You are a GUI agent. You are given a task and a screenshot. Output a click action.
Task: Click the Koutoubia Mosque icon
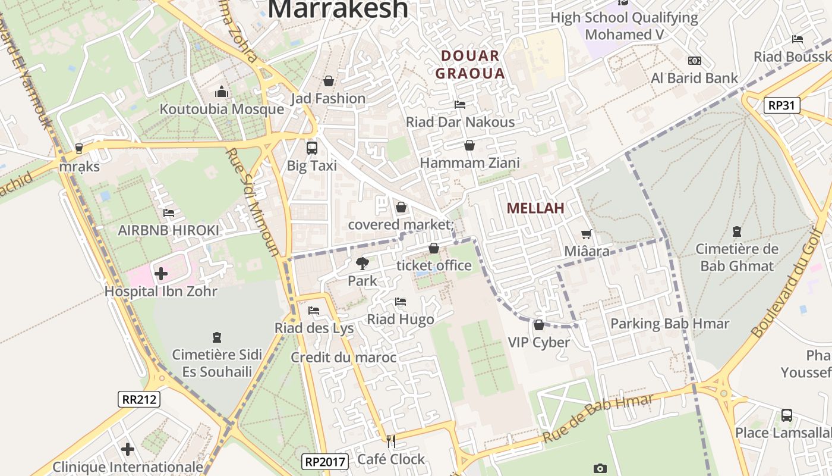click(x=222, y=92)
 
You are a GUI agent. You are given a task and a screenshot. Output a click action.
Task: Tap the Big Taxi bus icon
click(x=311, y=148)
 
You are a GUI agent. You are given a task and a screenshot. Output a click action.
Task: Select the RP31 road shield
click(x=782, y=106)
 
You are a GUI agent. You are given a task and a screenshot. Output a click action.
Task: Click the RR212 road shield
click(x=140, y=399)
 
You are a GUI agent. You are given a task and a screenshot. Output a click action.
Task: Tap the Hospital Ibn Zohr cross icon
click(x=160, y=274)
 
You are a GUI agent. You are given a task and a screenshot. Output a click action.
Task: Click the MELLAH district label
click(x=535, y=208)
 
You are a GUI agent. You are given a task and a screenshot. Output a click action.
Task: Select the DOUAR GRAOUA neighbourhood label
click(x=470, y=65)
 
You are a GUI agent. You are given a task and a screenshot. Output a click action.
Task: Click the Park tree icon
click(x=362, y=263)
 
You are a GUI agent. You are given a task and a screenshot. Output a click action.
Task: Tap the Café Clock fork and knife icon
click(x=391, y=441)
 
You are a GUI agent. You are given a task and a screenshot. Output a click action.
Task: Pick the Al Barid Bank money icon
click(x=694, y=61)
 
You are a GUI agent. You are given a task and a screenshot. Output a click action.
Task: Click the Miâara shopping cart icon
click(x=587, y=234)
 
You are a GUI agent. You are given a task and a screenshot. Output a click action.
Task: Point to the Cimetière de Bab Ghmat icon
click(x=737, y=231)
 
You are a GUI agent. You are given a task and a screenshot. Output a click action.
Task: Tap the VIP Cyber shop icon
click(x=539, y=325)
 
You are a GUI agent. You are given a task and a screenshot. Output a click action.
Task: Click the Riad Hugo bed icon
click(x=401, y=302)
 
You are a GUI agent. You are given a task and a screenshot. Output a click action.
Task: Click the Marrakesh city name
click(x=338, y=8)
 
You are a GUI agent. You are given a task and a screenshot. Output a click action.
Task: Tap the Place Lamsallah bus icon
click(x=787, y=415)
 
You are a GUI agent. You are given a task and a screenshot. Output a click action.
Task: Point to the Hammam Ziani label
click(x=469, y=162)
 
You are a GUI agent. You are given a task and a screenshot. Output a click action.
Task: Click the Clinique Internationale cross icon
click(x=128, y=449)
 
